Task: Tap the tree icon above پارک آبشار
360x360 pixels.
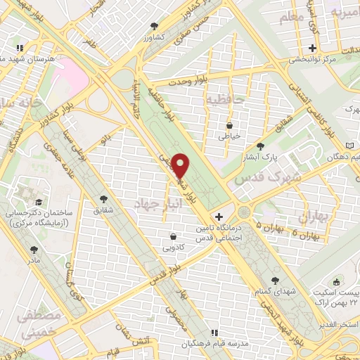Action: (x=260, y=145)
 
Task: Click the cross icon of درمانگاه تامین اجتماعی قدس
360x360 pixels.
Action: (x=219, y=217)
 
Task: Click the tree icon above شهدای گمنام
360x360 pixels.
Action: (x=274, y=281)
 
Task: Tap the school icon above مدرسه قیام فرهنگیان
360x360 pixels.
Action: (x=216, y=332)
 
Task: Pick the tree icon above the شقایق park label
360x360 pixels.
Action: (x=105, y=198)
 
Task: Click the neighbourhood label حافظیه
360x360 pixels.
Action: (x=224, y=101)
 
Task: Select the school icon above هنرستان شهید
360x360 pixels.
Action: (x=21, y=48)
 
